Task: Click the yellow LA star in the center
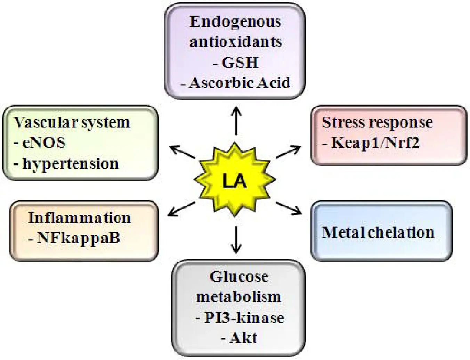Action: pyautogui.click(x=235, y=180)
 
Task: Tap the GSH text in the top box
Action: pyautogui.click(x=240, y=63)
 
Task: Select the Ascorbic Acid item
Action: pyautogui.click(x=240, y=83)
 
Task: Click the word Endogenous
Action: pyautogui.click(x=235, y=22)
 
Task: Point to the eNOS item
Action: pyautogui.click(x=44, y=143)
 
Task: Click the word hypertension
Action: pyautogui.click(x=70, y=163)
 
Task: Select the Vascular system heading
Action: pyautogui.click(x=72, y=122)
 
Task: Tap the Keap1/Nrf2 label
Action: pyautogui.click(x=375, y=142)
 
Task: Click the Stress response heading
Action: pyautogui.click(x=377, y=122)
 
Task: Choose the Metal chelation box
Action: pyautogui.click(x=381, y=231)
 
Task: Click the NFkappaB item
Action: pyautogui.click(x=78, y=238)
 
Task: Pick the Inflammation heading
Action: pyautogui.click(x=79, y=218)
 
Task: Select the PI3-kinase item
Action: pyautogui.click(x=244, y=318)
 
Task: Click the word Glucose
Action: pyautogui.click(x=239, y=277)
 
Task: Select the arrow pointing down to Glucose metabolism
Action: pyautogui.click(x=236, y=240)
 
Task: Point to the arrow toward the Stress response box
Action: pyautogui.click(x=289, y=152)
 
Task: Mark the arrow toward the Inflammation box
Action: pyautogui.click(x=181, y=209)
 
